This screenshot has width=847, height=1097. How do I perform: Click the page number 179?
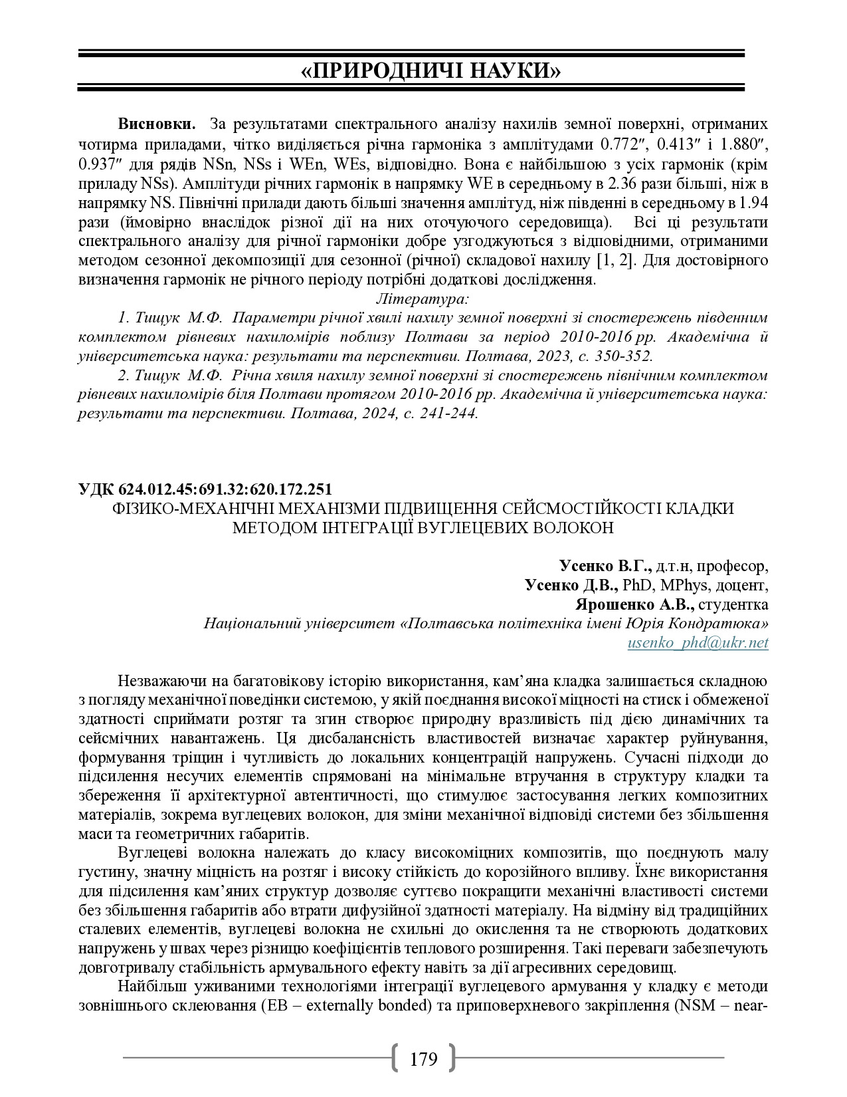coord(424,1058)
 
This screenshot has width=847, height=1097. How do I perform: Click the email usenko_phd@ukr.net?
coord(698,642)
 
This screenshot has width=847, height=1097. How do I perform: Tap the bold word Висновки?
coord(157,124)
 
